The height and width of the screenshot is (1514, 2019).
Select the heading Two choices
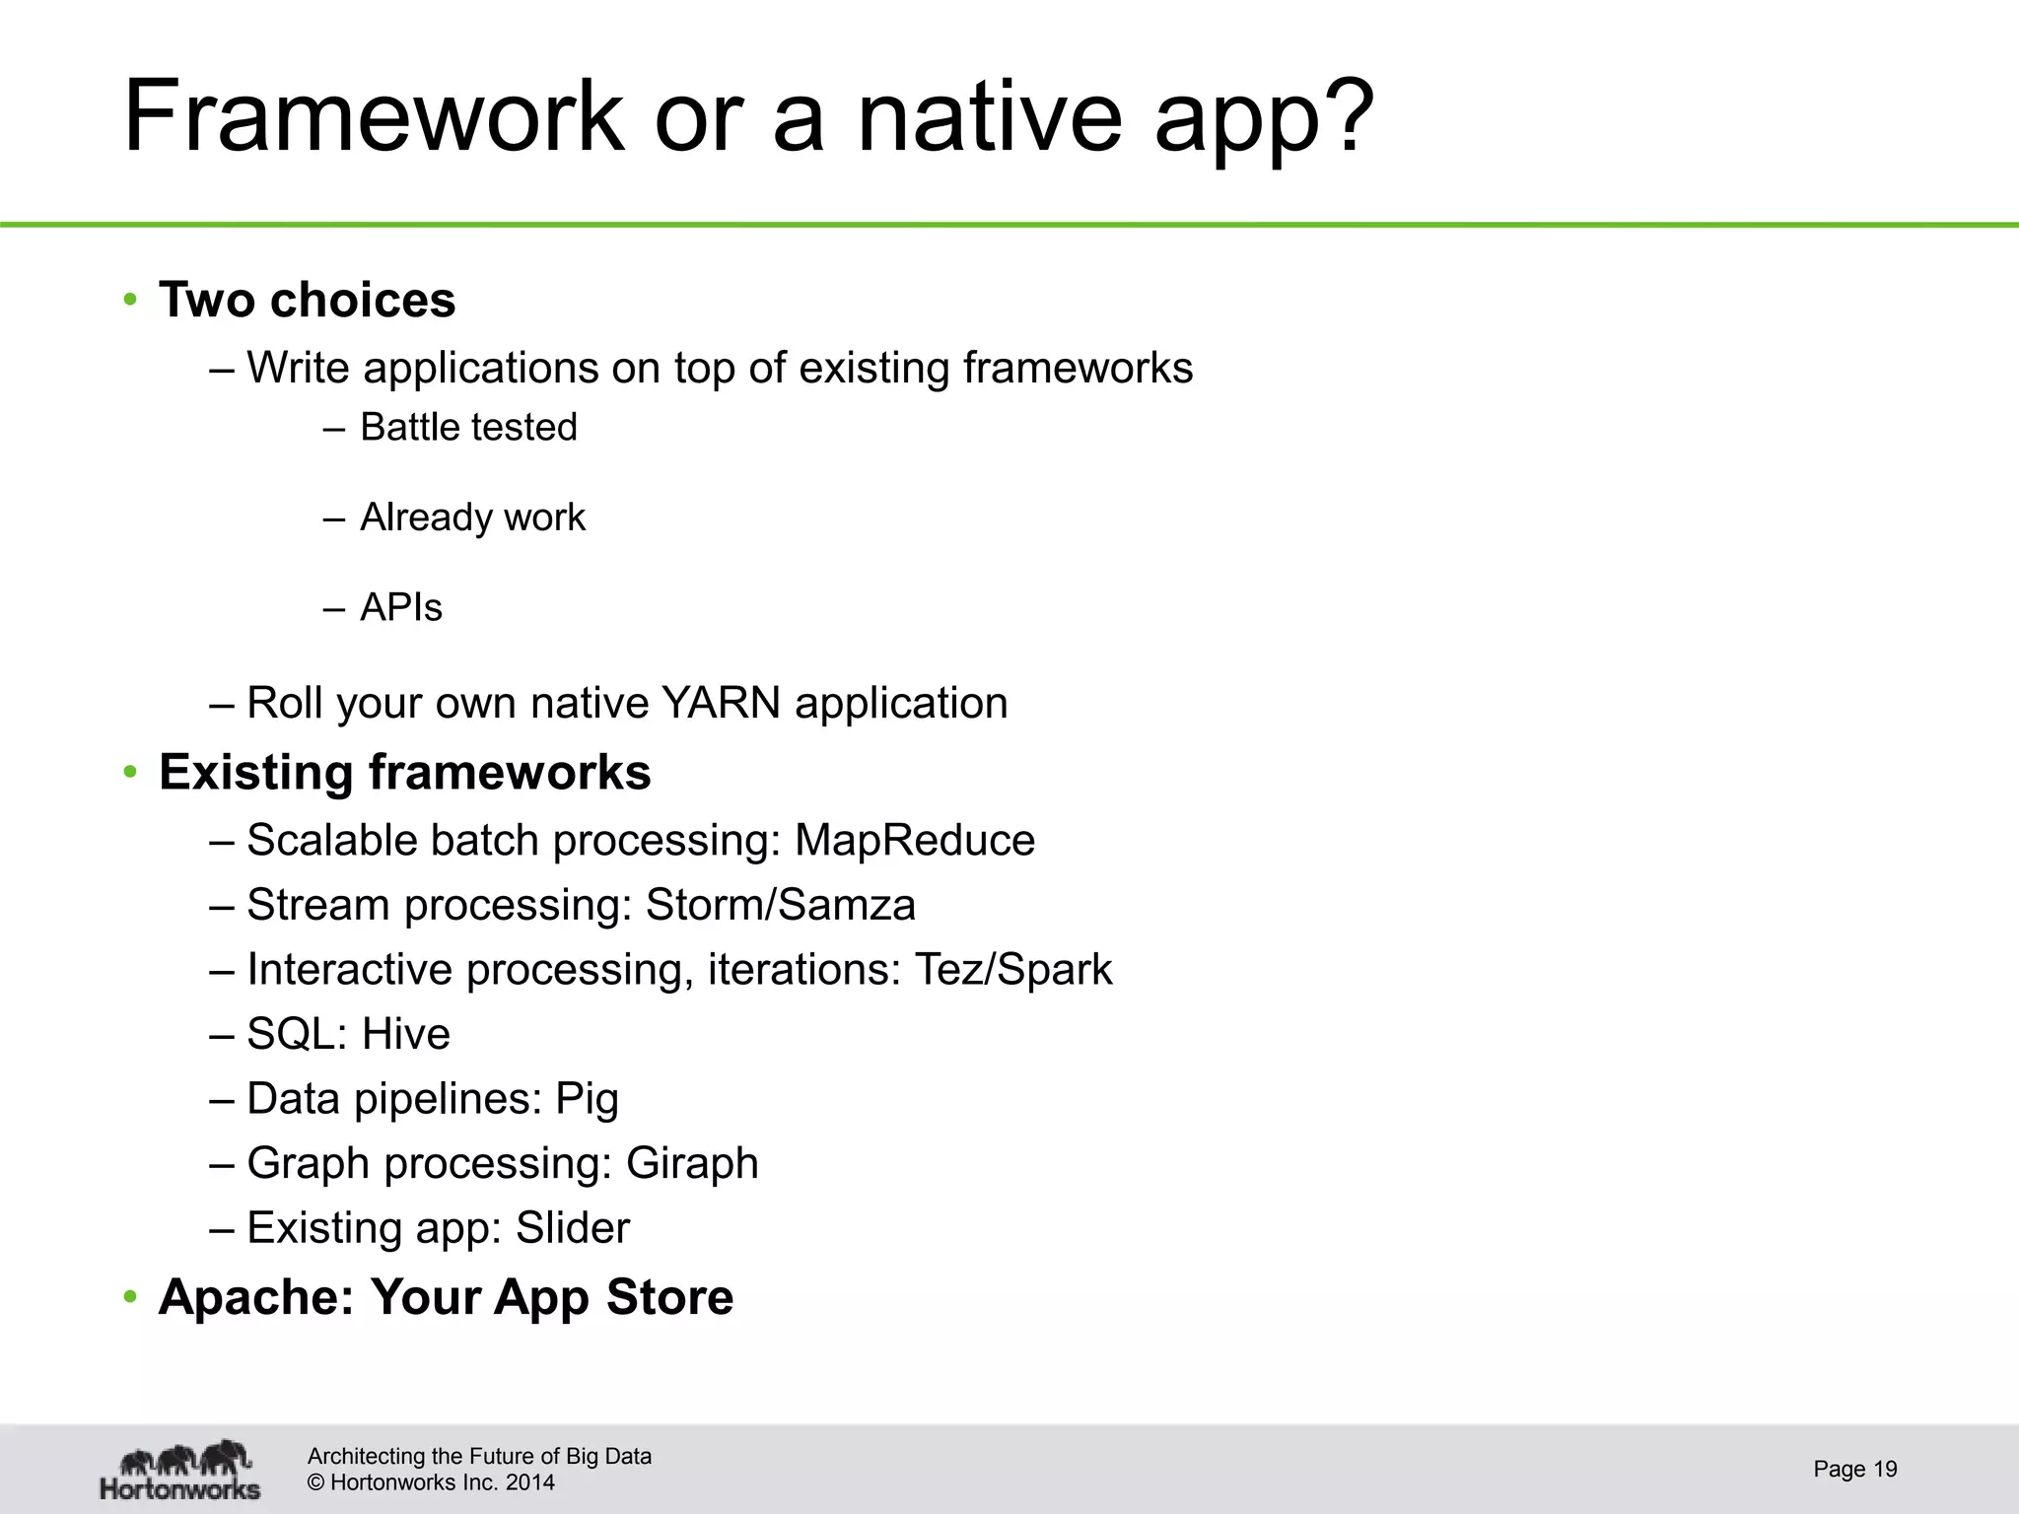(307, 300)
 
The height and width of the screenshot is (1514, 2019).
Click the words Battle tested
(468, 428)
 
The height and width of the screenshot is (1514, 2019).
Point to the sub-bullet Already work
(472, 517)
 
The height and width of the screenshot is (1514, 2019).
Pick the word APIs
(401, 607)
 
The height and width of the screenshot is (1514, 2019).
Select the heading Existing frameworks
(404, 772)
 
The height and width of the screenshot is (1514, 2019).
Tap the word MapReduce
(915, 841)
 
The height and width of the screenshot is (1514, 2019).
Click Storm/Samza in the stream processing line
(780, 905)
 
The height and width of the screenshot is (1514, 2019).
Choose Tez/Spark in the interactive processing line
(1013, 969)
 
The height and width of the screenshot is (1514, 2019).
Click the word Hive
(405, 1034)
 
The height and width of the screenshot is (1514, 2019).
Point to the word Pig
(587, 1099)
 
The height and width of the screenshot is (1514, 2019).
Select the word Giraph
(692, 1163)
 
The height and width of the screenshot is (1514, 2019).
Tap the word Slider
(572, 1228)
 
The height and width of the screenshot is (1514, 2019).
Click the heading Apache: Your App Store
(446, 1297)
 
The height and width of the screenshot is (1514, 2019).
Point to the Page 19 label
(1854, 1470)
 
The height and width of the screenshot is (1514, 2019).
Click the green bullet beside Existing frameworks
(130, 773)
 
